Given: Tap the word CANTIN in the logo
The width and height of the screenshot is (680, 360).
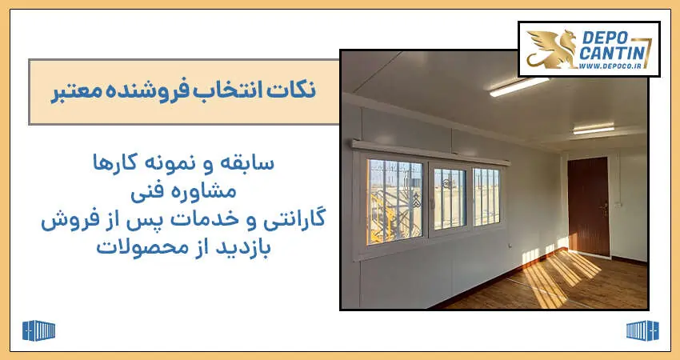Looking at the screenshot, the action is [612, 54].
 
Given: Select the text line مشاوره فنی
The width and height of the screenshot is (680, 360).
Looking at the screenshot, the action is [183, 191].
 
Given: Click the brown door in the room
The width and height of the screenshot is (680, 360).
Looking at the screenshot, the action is [588, 206].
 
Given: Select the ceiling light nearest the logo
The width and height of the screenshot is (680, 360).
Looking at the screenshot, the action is [519, 86].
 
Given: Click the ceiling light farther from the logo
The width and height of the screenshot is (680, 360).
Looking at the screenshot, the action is [594, 130].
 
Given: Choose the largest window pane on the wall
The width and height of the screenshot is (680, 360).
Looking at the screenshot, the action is [394, 202].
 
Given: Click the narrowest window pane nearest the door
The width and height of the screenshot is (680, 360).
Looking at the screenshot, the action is [486, 197].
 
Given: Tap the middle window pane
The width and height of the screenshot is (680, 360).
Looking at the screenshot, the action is [450, 199].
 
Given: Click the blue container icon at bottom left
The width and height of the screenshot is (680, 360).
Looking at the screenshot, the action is [38, 331].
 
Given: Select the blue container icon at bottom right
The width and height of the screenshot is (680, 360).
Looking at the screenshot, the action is [642, 331].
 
